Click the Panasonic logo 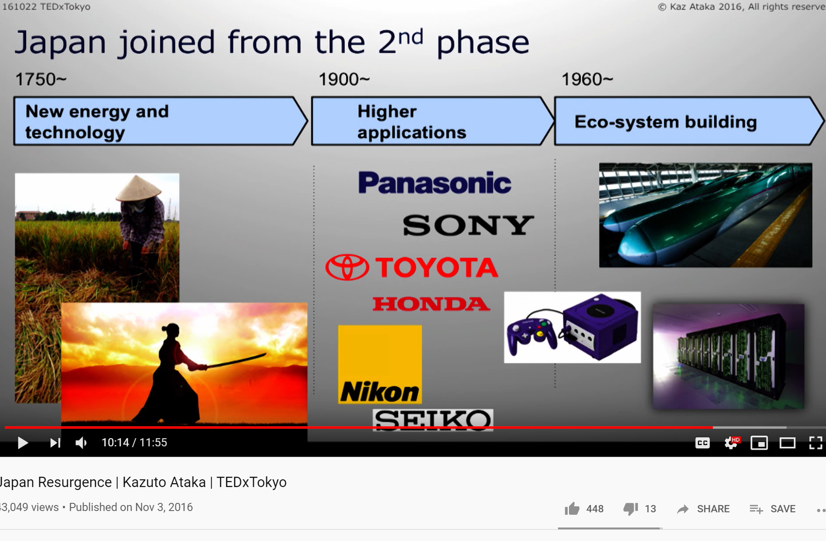(434, 183)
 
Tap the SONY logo (468, 225)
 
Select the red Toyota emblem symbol (347, 267)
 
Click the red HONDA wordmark (431, 304)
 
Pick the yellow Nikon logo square (380, 365)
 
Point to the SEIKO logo (433, 420)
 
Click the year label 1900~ (344, 79)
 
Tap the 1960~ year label (587, 79)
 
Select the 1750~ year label (41, 79)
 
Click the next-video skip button (55, 442)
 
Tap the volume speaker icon (81, 442)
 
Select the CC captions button (703, 443)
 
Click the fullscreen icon (815, 443)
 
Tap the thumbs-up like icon (572, 508)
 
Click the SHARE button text (713, 509)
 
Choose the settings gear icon (731, 443)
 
